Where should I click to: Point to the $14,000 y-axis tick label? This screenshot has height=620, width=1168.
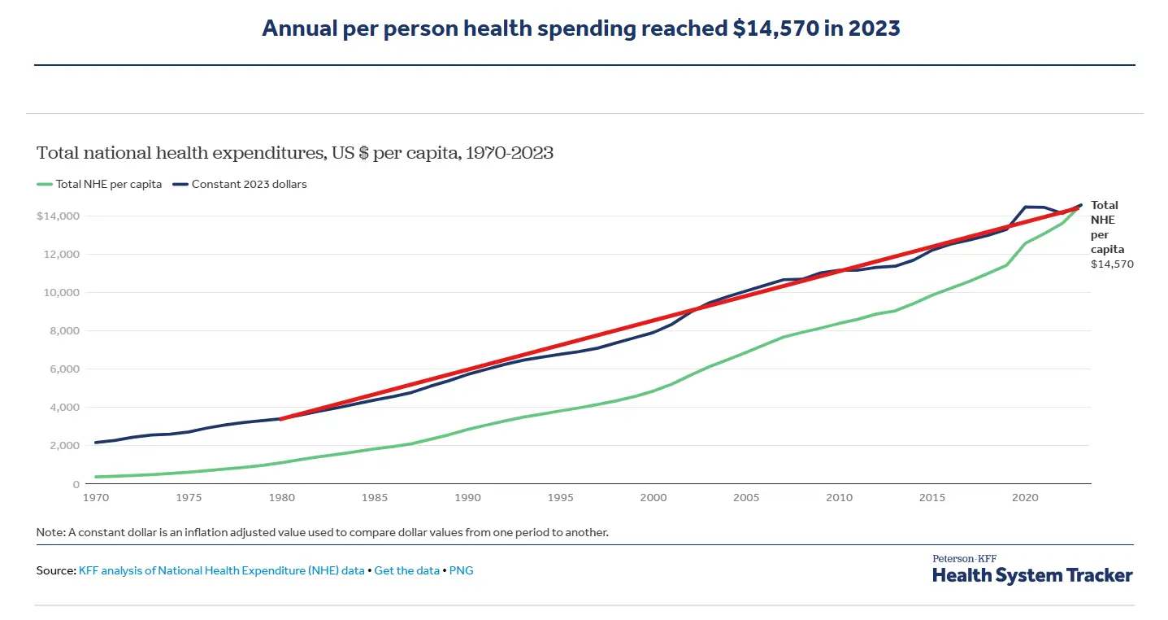click(57, 216)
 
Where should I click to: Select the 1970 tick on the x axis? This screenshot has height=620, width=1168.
click(96, 496)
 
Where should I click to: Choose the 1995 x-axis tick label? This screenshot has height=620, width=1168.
click(560, 496)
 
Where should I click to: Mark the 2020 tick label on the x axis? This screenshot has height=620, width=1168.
click(1024, 496)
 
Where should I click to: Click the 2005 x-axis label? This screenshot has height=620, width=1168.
click(745, 496)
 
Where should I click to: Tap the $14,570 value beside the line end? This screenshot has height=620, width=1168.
click(1112, 264)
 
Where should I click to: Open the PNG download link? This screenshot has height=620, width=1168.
click(462, 571)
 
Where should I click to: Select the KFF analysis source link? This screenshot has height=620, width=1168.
click(221, 571)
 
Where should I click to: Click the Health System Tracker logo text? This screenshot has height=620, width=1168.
click(1032, 575)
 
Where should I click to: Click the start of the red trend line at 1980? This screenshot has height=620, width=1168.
click(280, 419)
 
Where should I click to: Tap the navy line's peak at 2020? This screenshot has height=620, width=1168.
click(1025, 207)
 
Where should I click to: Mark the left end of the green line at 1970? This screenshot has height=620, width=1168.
click(96, 477)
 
